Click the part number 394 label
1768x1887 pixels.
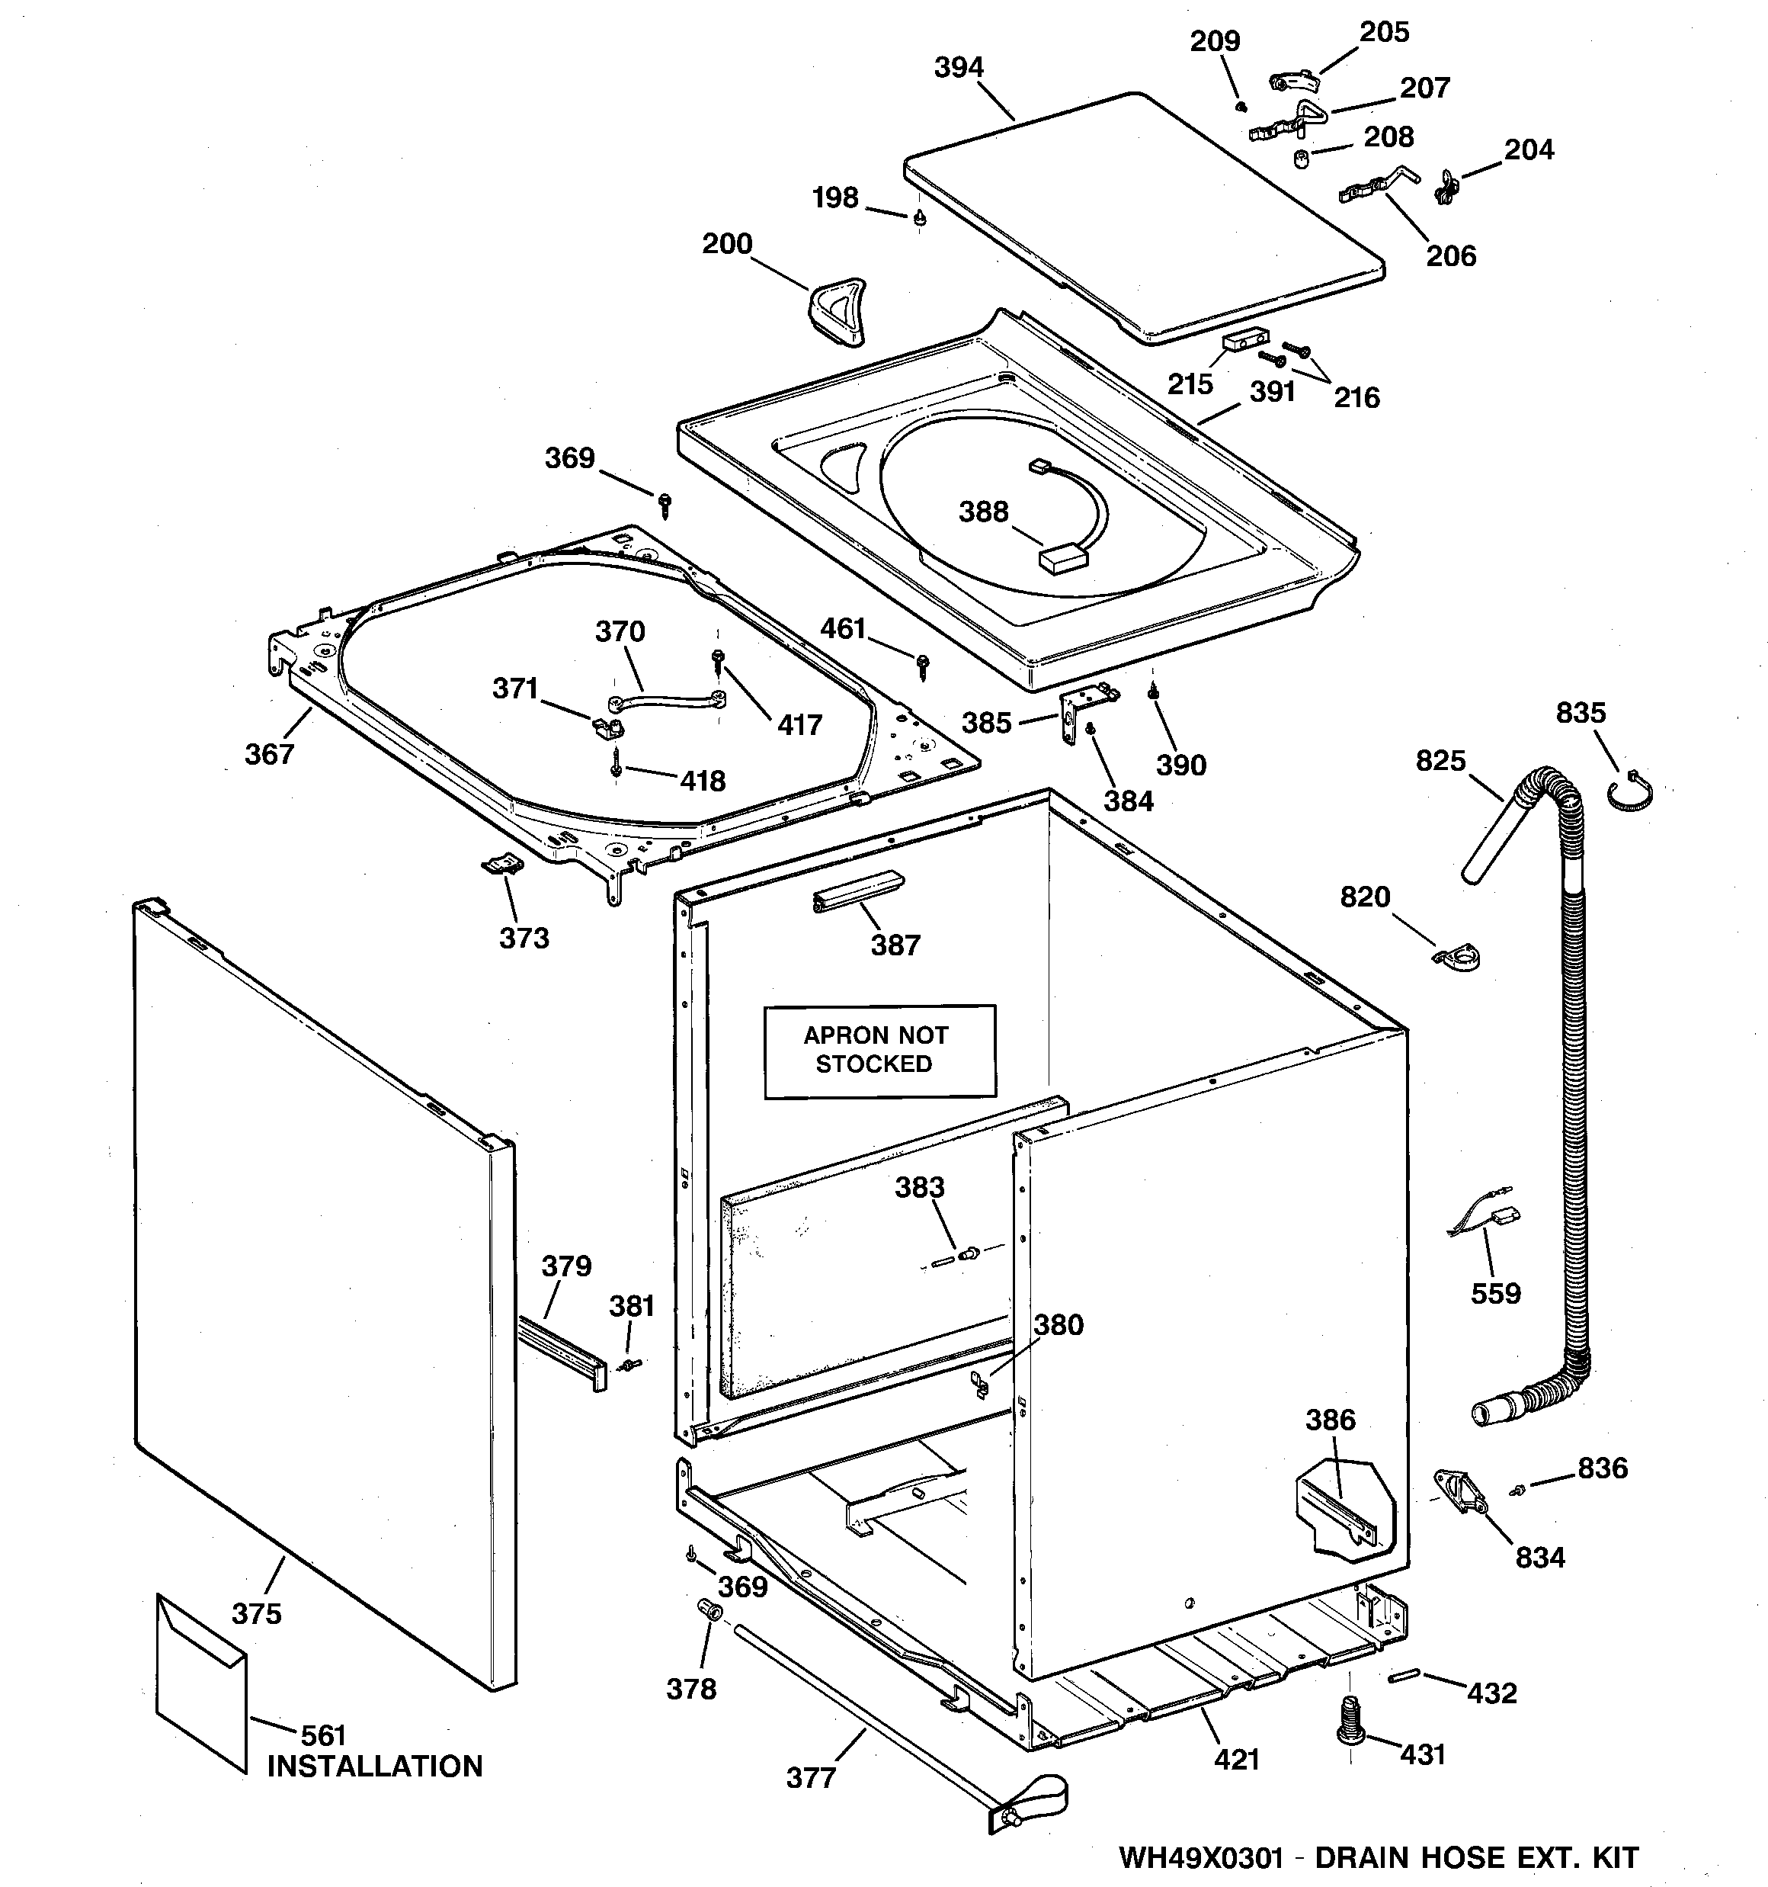point(959,67)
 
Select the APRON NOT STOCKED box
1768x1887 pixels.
point(879,1051)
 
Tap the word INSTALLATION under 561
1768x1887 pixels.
point(375,1767)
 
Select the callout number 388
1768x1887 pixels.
point(983,512)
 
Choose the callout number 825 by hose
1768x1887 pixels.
point(1440,760)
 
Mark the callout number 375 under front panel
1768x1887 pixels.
point(256,1613)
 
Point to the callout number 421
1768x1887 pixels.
point(1237,1759)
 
